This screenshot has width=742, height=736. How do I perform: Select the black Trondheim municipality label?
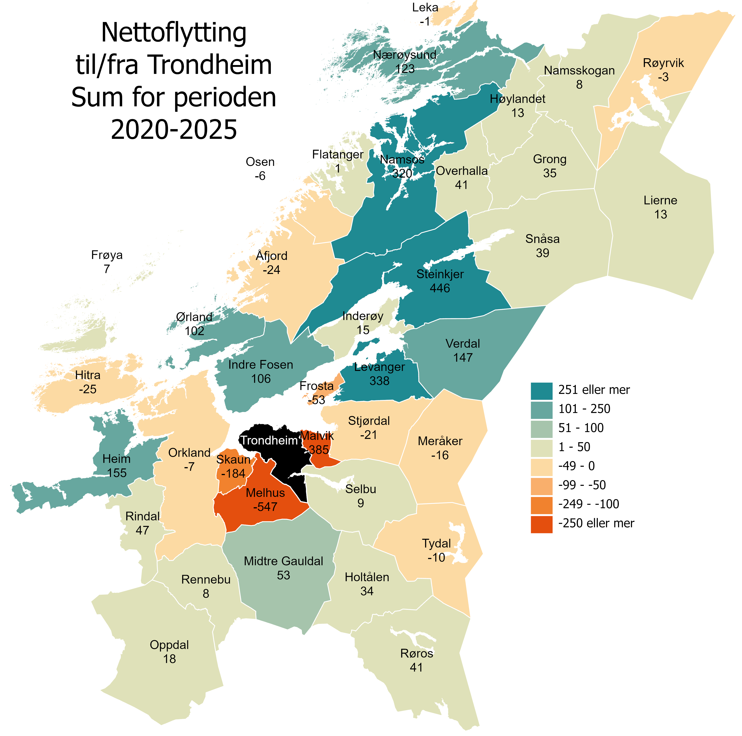[x=269, y=440]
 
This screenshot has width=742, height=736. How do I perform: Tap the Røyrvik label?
[x=663, y=63]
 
